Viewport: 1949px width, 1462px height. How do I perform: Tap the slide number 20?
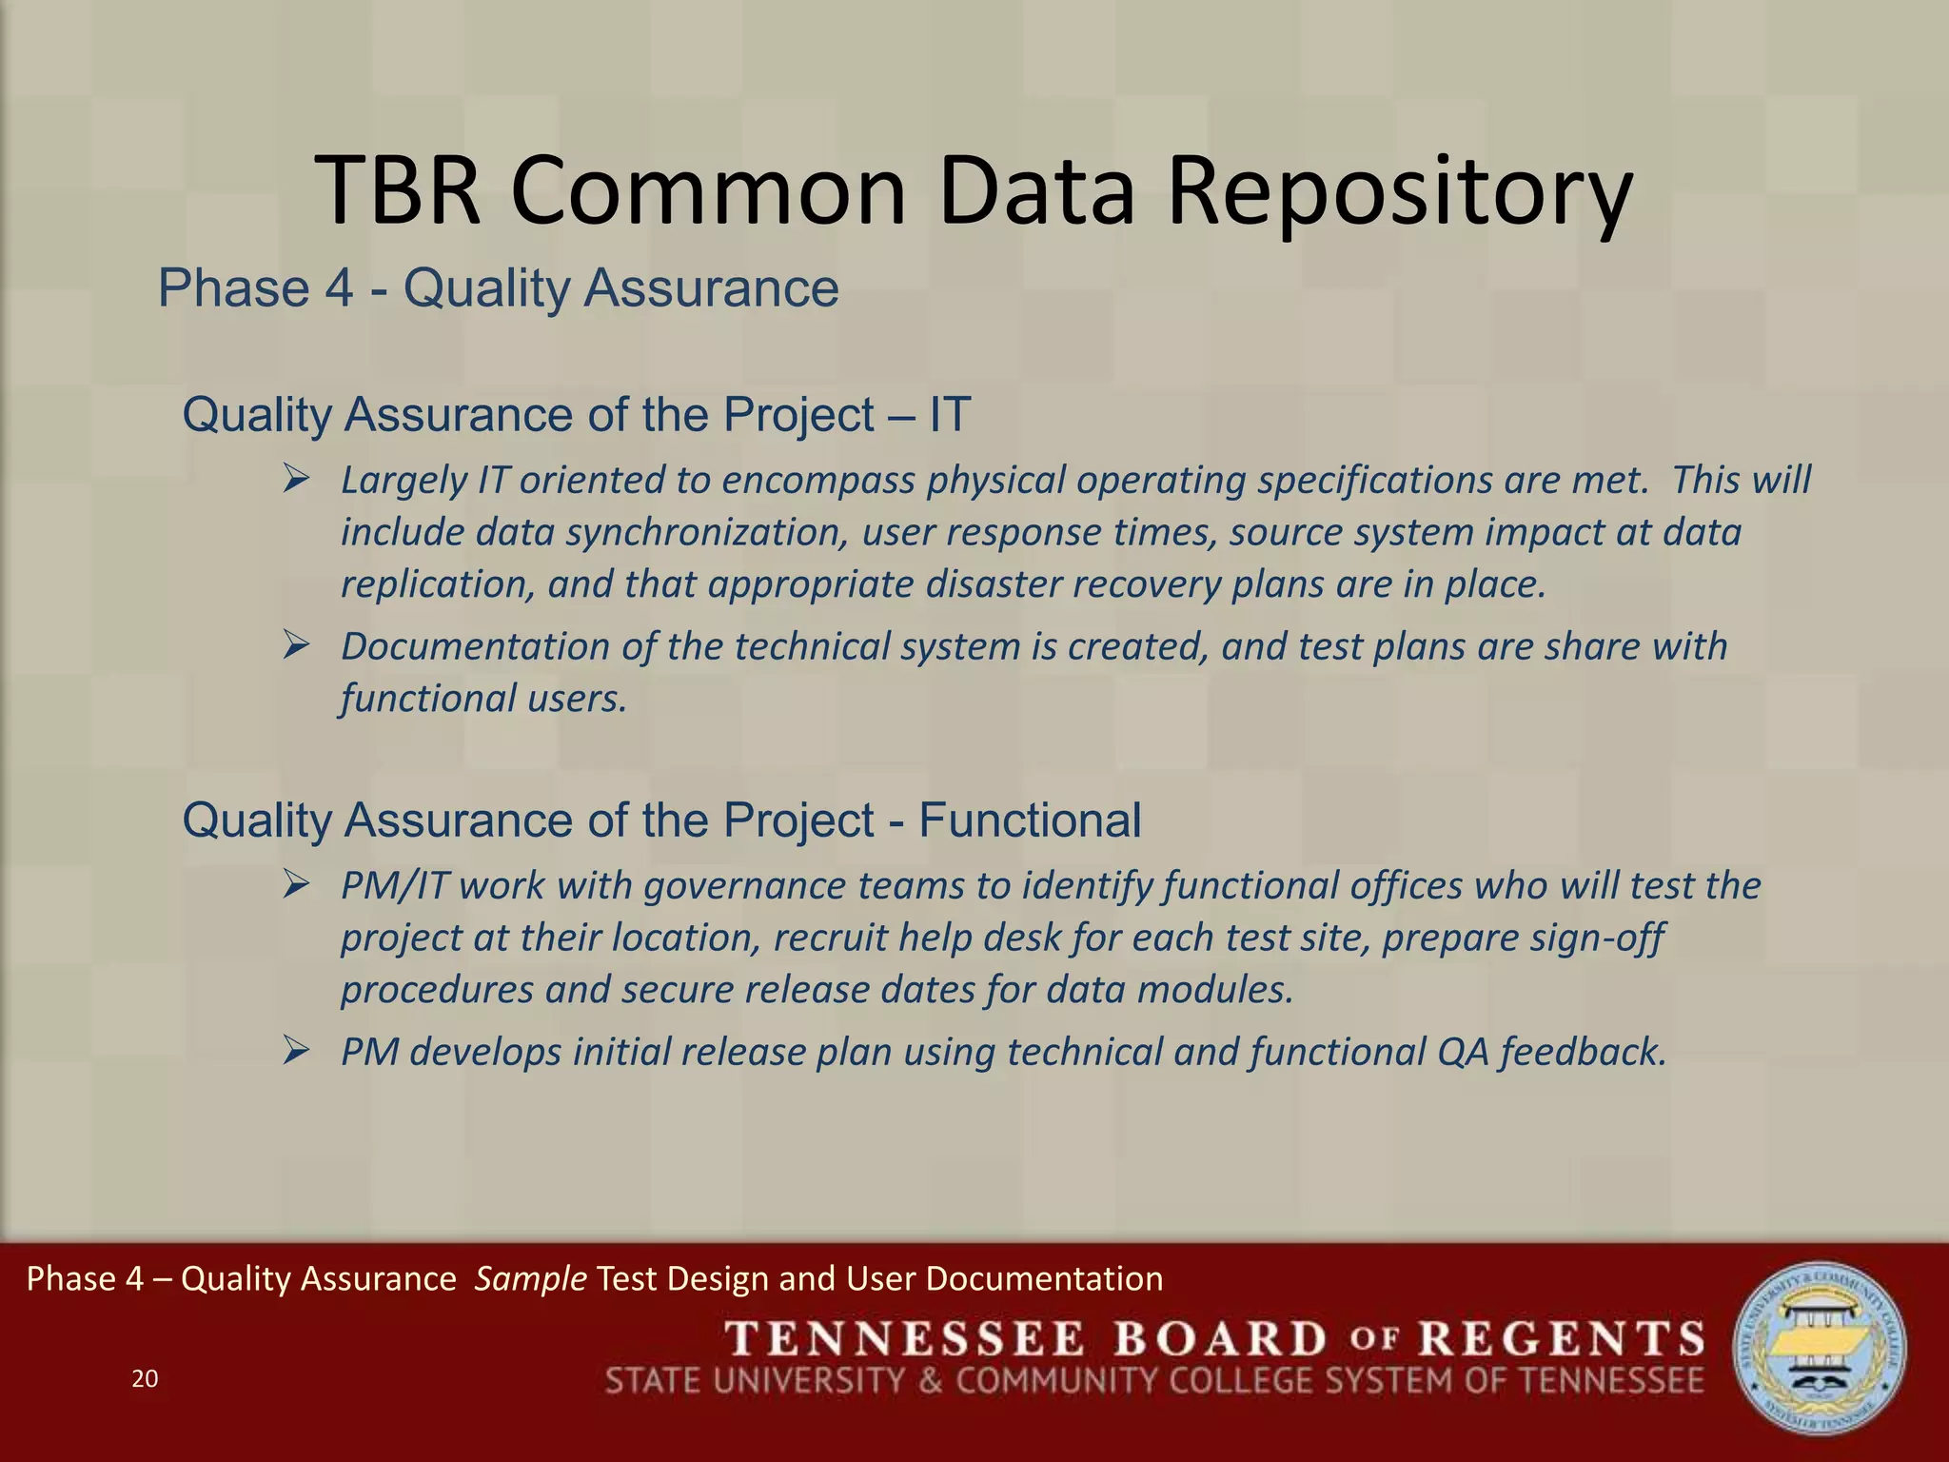tap(145, 1378)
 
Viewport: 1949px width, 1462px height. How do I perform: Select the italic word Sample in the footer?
tap(530, 1278)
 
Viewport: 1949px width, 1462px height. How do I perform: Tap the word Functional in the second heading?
tap(1030, 820)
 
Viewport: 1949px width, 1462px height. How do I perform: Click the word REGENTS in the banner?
tap(1561, 1339)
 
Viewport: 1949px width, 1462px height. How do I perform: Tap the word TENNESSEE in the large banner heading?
tap(905, 1339)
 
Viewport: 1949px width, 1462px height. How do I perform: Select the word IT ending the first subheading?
tap(949, 415)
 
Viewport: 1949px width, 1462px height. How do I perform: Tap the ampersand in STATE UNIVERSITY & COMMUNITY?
tap(930, 1380)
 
